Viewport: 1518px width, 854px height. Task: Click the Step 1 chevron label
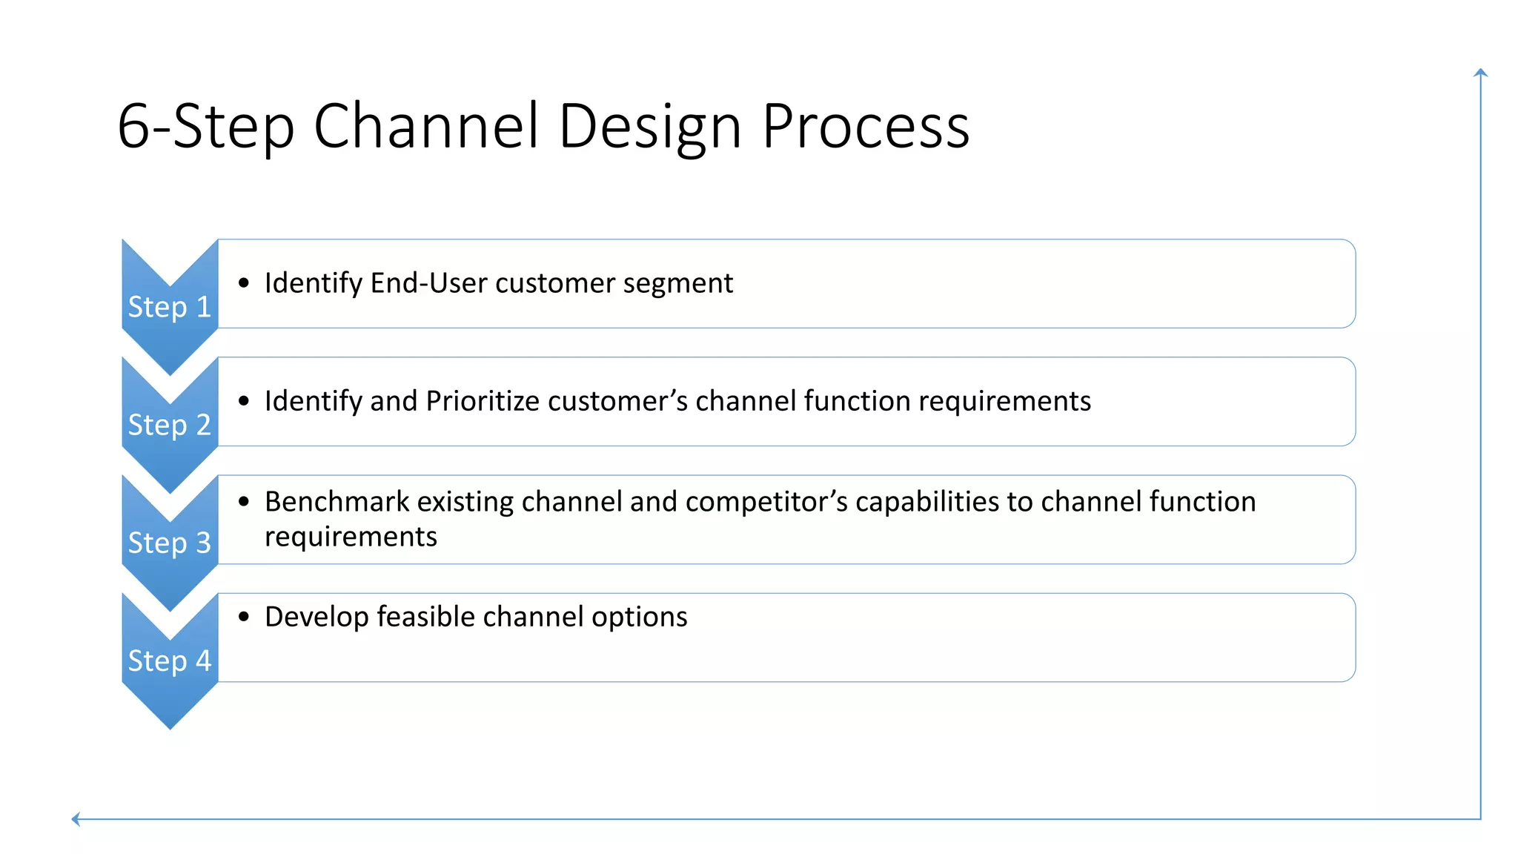click(169, 307)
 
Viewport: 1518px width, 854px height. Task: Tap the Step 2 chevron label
click(169, 425)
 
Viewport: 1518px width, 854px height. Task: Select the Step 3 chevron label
click(169, 543)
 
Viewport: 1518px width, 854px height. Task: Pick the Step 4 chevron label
click(169, 661)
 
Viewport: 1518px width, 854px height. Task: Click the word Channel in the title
click(426, 126)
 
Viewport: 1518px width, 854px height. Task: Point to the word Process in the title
click(865, 126)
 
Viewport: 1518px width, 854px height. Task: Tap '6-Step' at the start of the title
click(206, 126)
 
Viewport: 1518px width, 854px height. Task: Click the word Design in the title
click(650, 126)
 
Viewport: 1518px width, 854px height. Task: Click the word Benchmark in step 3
click(337, 502)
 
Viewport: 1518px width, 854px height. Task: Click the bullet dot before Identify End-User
click(244, 283)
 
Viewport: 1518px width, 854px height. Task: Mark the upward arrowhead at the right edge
click(1480, 73)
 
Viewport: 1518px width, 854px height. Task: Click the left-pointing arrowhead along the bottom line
click(76, 819)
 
